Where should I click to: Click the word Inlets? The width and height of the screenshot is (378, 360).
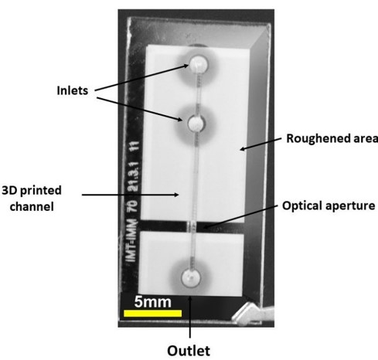tap(73, 90)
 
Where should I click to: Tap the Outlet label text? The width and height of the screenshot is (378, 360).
tap(189, 351)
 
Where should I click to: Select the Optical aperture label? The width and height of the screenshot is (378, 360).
tap(329, 206)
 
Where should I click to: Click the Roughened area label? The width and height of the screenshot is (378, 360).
tap(332, 138)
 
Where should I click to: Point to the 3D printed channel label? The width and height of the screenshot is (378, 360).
tap(32, 199)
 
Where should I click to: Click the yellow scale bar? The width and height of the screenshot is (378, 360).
tap(152, 313)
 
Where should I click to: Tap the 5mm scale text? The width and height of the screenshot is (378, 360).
tap(153, 302)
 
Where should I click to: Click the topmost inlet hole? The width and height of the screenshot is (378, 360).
tap(199, 64)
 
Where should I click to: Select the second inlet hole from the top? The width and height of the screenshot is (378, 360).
tap(196, 124)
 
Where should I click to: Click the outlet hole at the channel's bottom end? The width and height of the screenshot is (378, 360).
tap(191, 278)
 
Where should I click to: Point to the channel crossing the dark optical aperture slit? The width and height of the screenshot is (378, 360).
tap(192, 226)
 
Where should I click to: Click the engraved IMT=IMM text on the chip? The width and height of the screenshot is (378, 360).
tap(132, 240)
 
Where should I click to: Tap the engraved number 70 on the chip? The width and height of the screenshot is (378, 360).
tap(133, 206)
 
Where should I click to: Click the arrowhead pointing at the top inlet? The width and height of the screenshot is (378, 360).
tap(186, 66)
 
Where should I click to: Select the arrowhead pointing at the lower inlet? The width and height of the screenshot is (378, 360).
tap(179, 119)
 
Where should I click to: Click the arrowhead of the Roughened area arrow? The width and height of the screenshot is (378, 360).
tap(243, 148)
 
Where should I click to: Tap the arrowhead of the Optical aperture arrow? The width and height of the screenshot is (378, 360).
tap(206, 227)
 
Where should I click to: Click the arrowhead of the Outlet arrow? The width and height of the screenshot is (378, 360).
tap(190, 298)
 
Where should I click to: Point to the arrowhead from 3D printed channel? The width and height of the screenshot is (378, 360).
tap(176, 195)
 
